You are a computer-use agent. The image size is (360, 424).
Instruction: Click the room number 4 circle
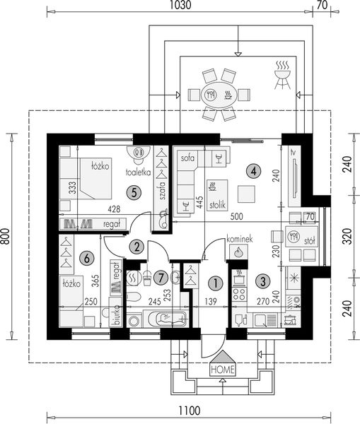pyautogui.click(x=251, y=170)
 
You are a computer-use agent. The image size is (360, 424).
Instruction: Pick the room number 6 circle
pyautogui.click(x=86, y=259)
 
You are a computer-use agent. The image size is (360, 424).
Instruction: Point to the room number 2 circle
pyautogui.click(x=137, y=246)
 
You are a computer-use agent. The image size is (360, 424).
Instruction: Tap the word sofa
pyautogui.click(x=188, y=156)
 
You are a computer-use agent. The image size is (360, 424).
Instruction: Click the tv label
pyautogui.click(x=291, y=151)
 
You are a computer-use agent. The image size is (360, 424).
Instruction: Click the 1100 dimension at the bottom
pyautogui.click(x=188, y=409)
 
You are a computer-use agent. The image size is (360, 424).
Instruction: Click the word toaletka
pyautogui.click(x=137, y=172)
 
